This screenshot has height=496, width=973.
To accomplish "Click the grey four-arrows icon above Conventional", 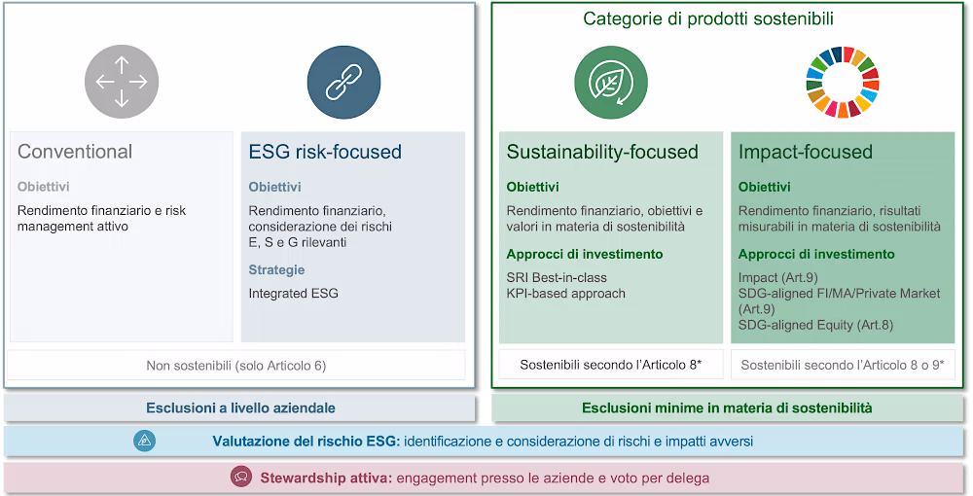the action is coord(122,82).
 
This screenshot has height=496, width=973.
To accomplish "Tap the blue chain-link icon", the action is coord(343,83).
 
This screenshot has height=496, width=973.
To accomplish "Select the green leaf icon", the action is coord(611,83).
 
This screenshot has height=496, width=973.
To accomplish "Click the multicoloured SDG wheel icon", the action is coord(843,83).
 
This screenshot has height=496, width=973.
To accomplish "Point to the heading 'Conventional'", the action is coord(75,152).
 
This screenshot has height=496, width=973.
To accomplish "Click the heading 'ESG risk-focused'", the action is coord(325,152).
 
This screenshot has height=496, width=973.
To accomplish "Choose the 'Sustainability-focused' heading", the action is coord(602,152).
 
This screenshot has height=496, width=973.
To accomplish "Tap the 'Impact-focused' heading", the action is coord(806,152).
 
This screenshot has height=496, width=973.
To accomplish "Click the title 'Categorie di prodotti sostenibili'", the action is coord(708,18).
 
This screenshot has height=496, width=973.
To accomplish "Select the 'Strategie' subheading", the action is coord(276,270).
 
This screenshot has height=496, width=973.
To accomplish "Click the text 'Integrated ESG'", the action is coord(294,294).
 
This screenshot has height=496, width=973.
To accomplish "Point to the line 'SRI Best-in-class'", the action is coord(557,278).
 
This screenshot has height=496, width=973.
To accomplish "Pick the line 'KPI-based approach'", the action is coord(566,294).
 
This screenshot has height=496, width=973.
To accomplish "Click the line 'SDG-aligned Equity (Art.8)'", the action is coord(816,325).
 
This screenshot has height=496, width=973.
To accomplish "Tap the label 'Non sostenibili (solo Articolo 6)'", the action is coord(235,366).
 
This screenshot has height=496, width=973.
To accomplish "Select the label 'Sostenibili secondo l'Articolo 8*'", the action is coord(611,365).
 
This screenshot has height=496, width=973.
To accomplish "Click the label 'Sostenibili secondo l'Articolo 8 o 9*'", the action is coord(843,365).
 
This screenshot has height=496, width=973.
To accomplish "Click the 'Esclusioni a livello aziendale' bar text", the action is coord(240,407).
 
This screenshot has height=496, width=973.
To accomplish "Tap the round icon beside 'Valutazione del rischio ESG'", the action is coord(145,441).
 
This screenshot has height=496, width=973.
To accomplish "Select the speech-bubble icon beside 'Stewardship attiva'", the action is coord(241,478).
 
